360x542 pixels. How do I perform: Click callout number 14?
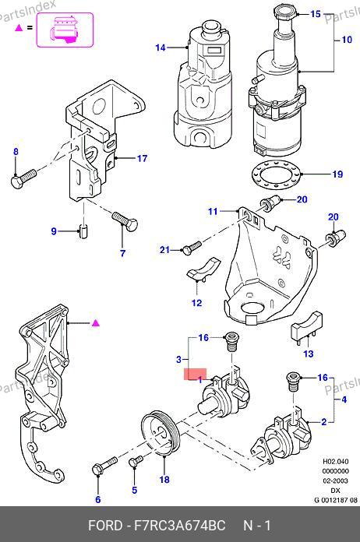[x=161, y=48]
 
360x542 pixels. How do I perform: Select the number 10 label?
[x=347, y=40]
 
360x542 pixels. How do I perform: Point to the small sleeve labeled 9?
[x=83, y=231]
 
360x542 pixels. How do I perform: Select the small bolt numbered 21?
[x=191, y=248]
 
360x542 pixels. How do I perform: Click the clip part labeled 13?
[x=307, y=326]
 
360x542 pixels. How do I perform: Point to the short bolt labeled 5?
[x=136, y=461]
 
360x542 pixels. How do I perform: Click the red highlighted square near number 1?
[x=195, y=375]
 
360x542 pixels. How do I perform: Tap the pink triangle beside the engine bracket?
[x=95, y=323]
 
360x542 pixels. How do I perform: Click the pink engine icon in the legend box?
[x=65, y=30]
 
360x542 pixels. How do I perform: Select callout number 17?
[x=142, y=158]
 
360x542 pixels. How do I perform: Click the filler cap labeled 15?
[x=286, y=13]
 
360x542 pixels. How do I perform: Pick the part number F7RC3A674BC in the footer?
[x=179, y=526]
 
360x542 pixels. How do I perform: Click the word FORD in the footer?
[x=105, y=526]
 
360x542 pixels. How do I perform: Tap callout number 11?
[x=213, y=211]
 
